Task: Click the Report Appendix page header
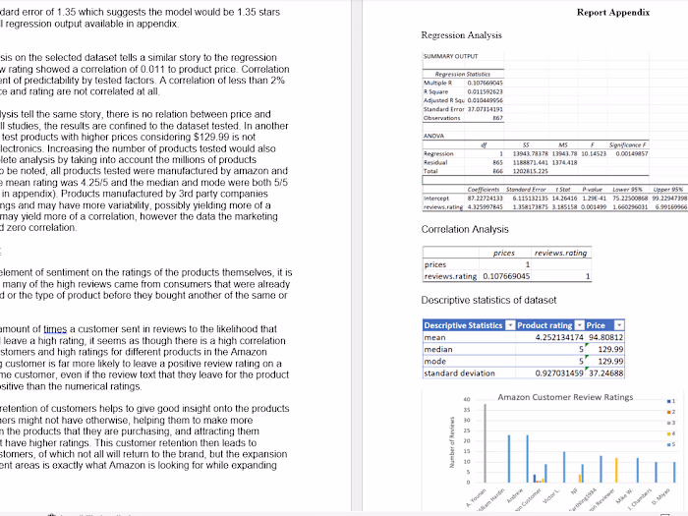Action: (x=612, y=12)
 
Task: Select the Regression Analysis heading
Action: (x=461, y=35)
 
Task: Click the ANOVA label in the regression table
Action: (x=433, y=136)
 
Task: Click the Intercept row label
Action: (x=436, y=199)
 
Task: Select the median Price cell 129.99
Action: (x=610, y=349)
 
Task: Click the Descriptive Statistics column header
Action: (x=463, y=325)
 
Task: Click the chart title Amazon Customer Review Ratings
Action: (x=565, y=396)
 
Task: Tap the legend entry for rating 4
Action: (x=669, y=431)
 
